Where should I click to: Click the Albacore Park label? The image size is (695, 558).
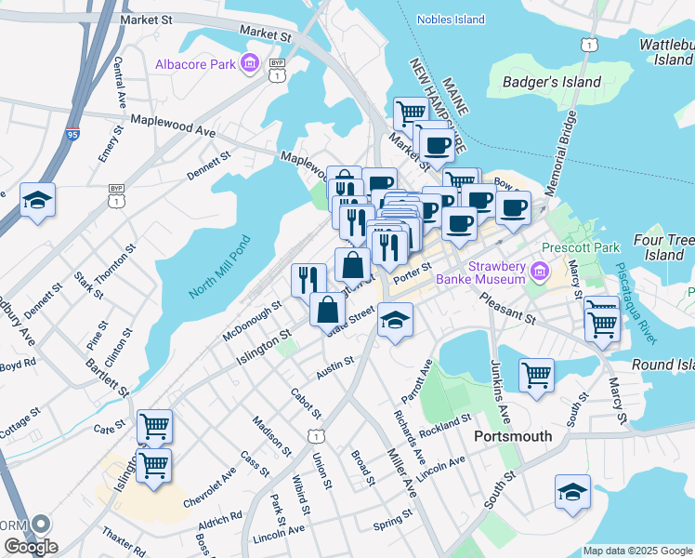pos(194,64)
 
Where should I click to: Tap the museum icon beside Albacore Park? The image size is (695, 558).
pos(249,64)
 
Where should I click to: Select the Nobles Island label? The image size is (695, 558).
pos(451,20)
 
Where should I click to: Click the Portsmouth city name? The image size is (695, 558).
pos(513,436)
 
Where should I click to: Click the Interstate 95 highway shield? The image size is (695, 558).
pos(73,135)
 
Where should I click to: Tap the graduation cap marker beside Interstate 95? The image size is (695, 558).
pos(38,199)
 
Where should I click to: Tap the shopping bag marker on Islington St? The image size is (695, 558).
pos(328,310)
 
